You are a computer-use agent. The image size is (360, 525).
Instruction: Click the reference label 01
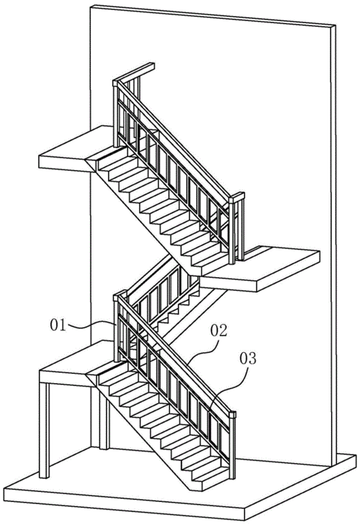coord(58,325)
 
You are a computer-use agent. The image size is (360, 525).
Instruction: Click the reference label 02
coord(219,331)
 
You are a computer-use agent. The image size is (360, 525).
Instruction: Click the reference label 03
coord(248,358)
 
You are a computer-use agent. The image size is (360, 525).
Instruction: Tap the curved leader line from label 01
coord(91,325)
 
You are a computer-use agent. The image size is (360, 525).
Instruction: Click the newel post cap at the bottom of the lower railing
coord(233,416)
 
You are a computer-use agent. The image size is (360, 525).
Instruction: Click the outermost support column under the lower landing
coord(44,430)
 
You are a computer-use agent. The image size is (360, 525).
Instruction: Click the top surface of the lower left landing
coord(76,356)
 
